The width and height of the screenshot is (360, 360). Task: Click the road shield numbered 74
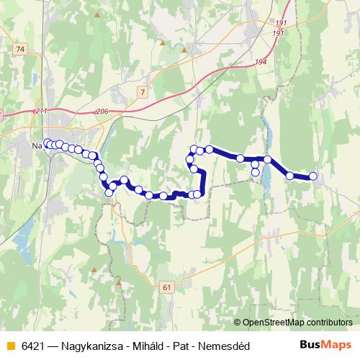click(19, 48)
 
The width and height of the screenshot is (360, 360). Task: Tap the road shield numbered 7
click(143, 91)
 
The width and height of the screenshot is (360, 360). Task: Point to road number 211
click(41, 111)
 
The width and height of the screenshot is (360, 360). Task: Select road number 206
click(102, 112)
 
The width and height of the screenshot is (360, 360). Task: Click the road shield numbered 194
click(261, 63)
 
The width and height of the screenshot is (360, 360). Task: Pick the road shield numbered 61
click(168, 287)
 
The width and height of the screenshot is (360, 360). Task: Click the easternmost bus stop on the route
click(313, 176)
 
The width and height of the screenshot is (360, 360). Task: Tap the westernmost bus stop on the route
click(48, 143)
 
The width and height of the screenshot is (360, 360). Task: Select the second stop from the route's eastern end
click(289, 175)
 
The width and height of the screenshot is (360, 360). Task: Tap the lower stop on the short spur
click(255, 172)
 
